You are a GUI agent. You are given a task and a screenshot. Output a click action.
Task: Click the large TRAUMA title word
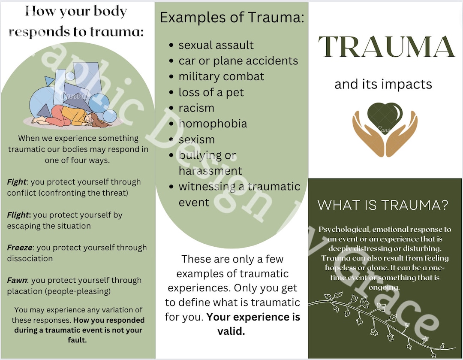pyautogui.click(x=386, y=47)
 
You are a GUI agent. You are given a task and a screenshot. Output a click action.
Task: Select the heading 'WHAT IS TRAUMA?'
pyautogui.click(x=383, y=205)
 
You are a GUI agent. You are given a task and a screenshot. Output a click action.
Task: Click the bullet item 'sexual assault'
pyautogui.click(x=216, y=45)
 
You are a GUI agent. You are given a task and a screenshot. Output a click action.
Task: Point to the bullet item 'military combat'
pyautogui.click(x=221, y=76)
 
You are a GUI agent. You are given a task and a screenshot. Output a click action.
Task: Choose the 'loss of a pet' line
pyautogui.click(x=211, y=92)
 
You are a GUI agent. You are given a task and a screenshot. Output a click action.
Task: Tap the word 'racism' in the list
pyautogui.click(x=196, y=108)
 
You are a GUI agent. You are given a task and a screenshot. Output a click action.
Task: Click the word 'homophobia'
pyautogui.click(x=213, y=124)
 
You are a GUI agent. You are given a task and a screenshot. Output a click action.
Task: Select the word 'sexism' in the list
pyautogui.click(x=196, y=139)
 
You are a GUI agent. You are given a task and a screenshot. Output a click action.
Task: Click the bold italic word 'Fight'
pyautogui.click(x=17, y=182)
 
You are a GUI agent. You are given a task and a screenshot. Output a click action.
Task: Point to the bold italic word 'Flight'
pyautogui.click(x=18, y=215)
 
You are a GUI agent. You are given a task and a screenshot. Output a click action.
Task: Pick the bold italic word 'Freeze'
pyautogui.click(x=20, y=248)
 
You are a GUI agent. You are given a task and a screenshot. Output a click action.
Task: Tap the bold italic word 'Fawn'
pyautogui.click(x=17, y=280)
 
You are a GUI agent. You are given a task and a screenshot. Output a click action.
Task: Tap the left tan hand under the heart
pyautogui.click(x=368, y=133)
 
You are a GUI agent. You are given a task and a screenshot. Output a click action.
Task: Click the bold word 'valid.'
pyautogui.click(x=231, y=331)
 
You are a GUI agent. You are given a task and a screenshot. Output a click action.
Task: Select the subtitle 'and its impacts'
pyautogui.click(x=383, y=84)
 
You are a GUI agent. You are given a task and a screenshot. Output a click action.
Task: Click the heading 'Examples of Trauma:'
pyautogui.click(x=232, y=18)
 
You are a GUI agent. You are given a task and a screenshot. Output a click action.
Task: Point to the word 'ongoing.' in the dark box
pyautogui.click(x=384, y=287)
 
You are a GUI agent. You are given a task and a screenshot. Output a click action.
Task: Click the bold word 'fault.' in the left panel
pyautogui.click(x=77, y=340)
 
